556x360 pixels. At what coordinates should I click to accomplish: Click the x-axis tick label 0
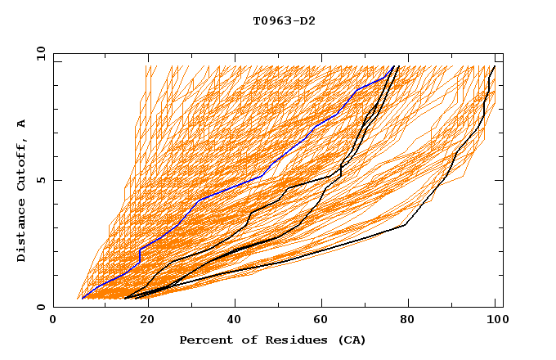(53, 321)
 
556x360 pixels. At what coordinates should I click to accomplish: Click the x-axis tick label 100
(493, 321)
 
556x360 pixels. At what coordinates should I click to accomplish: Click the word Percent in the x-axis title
(205, 340)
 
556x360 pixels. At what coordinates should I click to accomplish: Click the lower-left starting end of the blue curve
(83, 298)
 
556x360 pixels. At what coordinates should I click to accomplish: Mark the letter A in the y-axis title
(22, 123)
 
